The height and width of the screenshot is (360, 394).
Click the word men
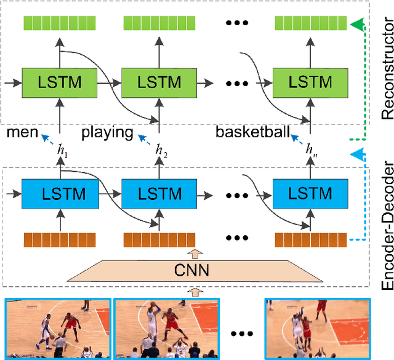22,132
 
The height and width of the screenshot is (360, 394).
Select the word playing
107,132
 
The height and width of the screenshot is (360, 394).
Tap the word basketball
252,132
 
